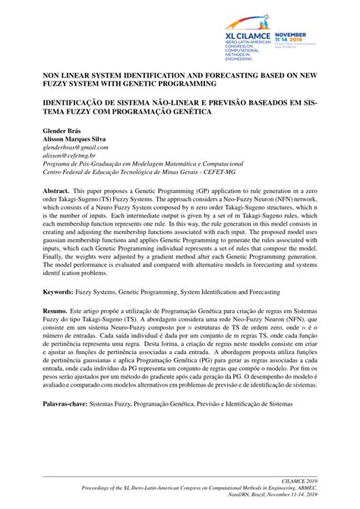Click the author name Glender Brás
coord(60,131)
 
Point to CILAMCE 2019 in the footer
coord(298,481)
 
